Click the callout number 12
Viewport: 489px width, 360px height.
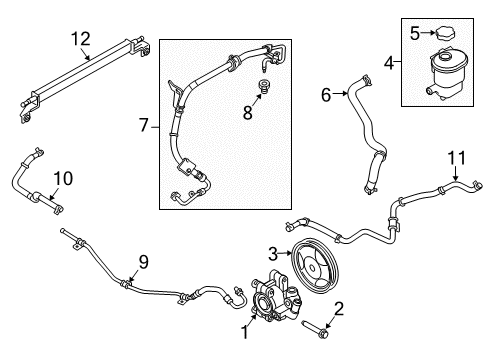(81, 39)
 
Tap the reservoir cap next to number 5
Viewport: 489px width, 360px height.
(445, 34)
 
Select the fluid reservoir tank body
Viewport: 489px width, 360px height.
(447, 75)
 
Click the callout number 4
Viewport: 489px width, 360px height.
(389, 63)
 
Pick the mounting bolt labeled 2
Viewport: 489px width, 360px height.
(316, 329)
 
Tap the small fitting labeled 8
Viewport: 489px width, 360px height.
(265, 86)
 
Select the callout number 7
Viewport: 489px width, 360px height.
(143, 126)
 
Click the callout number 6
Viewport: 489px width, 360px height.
(326, 94)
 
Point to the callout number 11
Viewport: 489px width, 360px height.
(456, 158)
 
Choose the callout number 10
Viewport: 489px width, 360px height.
(63, 178)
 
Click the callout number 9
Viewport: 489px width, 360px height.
(143, 262)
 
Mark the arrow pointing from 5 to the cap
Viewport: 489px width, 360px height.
(427, 33)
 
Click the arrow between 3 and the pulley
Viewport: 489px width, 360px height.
(285, 254)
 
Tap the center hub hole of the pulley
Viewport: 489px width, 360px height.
(312, 267)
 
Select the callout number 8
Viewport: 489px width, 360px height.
(247, 112)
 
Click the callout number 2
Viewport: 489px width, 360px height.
(338, 308)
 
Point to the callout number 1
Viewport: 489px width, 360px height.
(245, 332)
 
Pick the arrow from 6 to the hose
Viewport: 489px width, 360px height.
(340, 94)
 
